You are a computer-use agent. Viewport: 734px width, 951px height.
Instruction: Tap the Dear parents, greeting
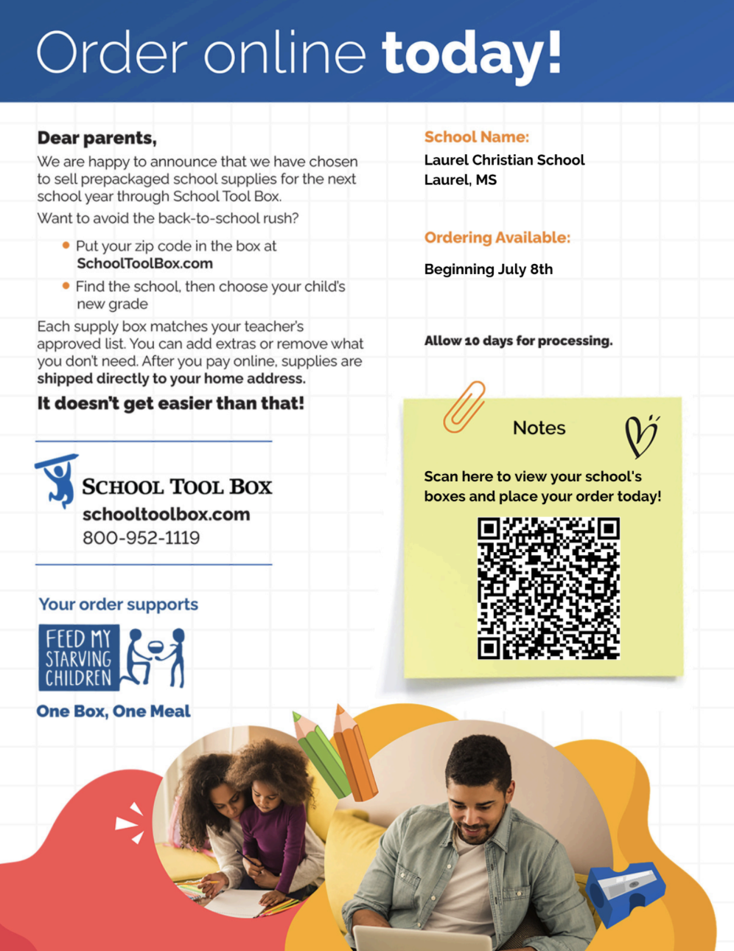[x=97, y=138]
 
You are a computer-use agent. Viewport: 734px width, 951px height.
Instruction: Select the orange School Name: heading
[x=476, y=137]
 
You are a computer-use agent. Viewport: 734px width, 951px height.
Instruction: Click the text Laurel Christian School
[x=504, y=160]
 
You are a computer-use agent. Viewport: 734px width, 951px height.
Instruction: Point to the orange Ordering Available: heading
[x=497, y=237]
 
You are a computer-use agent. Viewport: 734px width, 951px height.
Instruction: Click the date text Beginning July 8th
[x=488, y=269]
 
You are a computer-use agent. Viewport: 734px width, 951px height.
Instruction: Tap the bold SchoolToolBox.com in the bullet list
[x=144, y=264]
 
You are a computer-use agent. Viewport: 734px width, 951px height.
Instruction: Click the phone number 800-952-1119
[x=141, y=537]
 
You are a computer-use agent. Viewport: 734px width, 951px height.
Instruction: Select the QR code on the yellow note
[x=548, y=588]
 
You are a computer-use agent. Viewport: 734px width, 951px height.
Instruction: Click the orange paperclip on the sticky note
[x=464, y=406]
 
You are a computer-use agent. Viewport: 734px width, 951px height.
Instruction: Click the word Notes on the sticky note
[x=539, y=428]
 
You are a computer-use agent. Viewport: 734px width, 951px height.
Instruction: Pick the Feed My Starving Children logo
[x=111, y=658]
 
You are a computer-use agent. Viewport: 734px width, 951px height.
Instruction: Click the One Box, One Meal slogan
[x=113, y=711]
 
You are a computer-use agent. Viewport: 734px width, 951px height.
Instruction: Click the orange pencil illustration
[x=354, y=753]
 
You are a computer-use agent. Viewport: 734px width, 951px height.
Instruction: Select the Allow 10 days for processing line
[x=518, y=341]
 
